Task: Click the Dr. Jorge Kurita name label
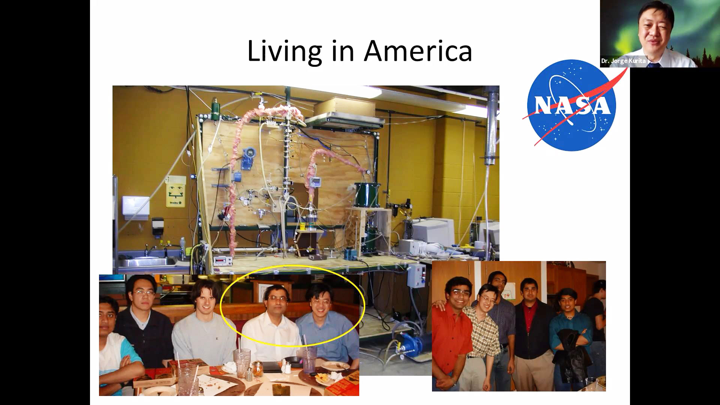(623, 61)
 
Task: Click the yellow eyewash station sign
(176, 191)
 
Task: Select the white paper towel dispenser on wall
(136, 207)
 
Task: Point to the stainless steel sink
(148, 261)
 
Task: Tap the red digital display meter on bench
(220, 260)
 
